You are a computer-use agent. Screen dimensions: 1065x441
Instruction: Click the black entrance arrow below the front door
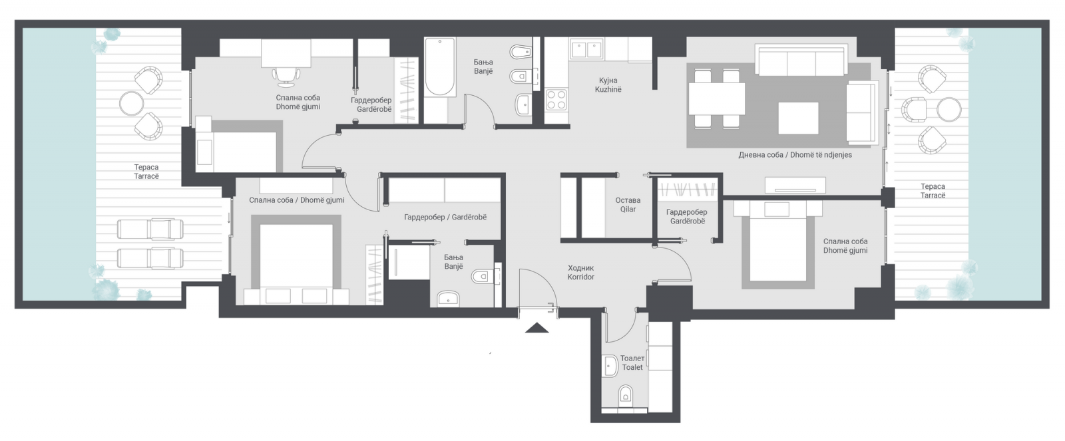(536, 328)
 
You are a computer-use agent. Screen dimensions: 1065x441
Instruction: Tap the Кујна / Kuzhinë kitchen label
(608, 85)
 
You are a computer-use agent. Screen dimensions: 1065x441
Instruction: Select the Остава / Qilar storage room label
(628, 205)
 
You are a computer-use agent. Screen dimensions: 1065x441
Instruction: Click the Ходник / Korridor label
(580, 272)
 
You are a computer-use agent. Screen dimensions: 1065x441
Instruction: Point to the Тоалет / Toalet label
(632, 363)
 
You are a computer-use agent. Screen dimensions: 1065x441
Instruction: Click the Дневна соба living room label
(795, 155)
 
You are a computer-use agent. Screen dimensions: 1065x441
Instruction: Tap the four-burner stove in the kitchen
(556, 100)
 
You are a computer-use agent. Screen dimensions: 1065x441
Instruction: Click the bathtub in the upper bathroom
(440, 67)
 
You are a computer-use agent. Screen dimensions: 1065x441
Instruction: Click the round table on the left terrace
(131, 104)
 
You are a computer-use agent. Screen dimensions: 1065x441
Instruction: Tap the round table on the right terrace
(949, 110)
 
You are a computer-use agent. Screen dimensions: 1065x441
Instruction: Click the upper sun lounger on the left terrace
(150, 229)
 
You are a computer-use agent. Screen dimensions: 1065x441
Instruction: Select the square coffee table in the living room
(798, 118)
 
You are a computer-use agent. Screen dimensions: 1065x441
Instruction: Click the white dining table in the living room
(716, 99)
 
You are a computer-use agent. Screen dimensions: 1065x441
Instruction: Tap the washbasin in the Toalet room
(610, 367)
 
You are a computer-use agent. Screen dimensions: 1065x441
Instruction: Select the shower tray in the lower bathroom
(409, 262)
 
